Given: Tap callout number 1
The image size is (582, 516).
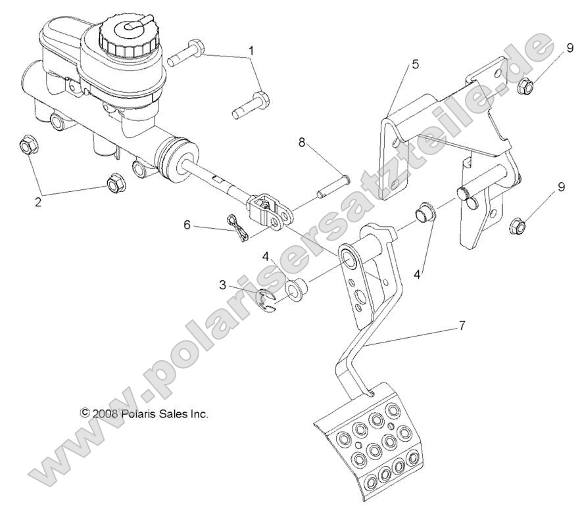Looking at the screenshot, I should coord(251,51).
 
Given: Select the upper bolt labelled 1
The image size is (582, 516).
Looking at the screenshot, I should coord(187,53).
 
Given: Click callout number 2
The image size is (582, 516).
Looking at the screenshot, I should coord(38,202).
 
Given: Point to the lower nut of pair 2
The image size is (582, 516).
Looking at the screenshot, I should coord(113,184).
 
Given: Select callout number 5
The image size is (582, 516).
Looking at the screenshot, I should coord(414,64).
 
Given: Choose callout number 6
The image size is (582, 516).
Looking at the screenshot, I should coord(187,224).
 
